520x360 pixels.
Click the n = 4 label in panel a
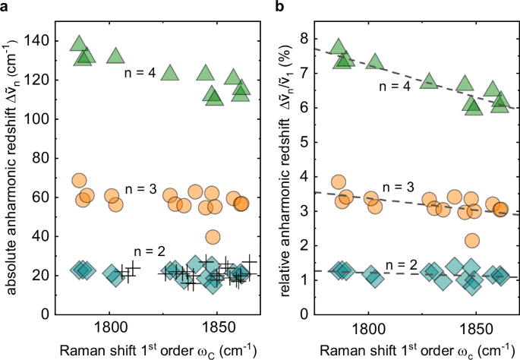(140, 74)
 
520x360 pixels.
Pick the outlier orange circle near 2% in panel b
(472, 240)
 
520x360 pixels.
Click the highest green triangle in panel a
(77, 43)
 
